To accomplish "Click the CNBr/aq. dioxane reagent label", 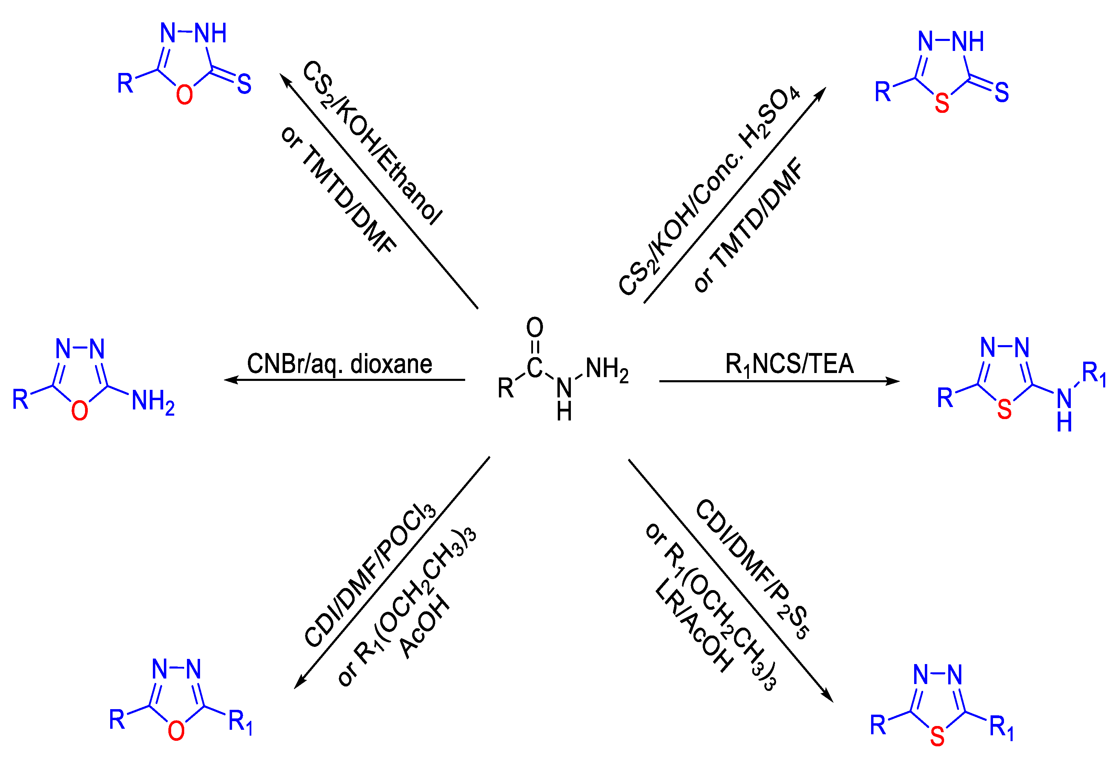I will click(x=339, y=364).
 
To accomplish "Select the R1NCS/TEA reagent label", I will click(x=789, y=364).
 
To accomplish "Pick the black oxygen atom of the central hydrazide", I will click(x=534, y=327).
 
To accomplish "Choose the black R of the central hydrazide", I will click(x=505, y=388).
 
